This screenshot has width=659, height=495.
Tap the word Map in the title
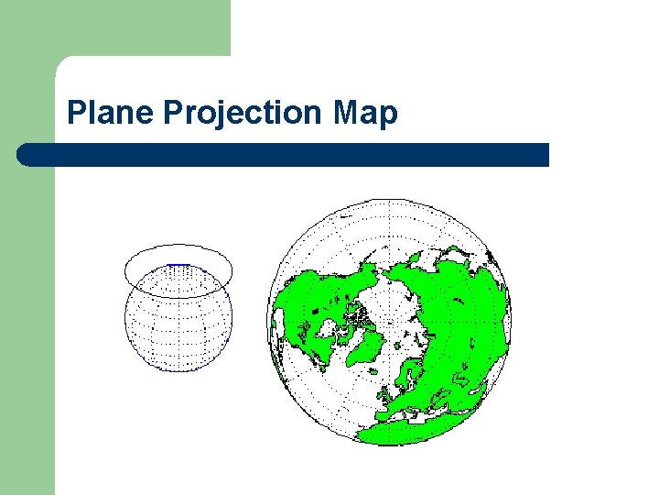tap(365, 113)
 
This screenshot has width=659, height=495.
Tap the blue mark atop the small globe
tap(179, 265)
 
